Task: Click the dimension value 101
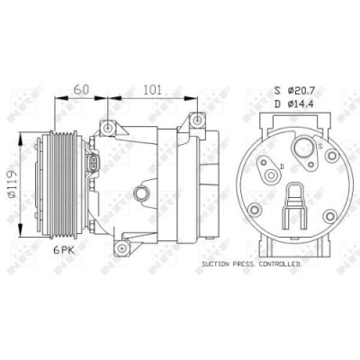point(153,89)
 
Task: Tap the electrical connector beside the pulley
point(96,164)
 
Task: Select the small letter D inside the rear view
point(280,166)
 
